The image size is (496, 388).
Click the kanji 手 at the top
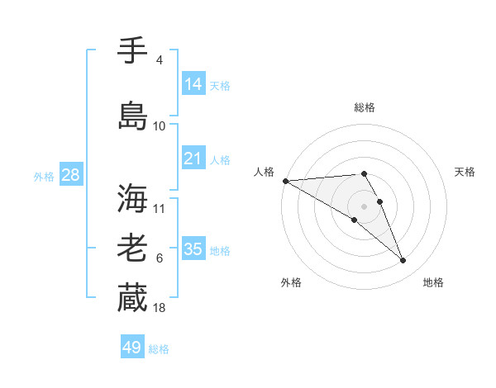[132, 50]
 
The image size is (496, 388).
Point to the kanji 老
[132, 248]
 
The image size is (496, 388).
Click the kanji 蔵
[132, 297]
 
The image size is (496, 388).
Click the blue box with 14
[193, 83]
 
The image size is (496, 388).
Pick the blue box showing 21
[193, 159]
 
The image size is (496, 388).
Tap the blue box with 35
[193, 249]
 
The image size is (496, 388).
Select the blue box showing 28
[69, 175]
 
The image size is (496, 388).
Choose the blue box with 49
[132, 348]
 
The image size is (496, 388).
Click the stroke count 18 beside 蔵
[160, 307]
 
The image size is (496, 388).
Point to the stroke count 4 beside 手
[159, 59]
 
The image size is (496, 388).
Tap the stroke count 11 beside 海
[160, 208]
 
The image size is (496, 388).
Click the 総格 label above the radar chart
[365, 107]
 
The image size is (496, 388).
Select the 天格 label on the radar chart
[465, 172]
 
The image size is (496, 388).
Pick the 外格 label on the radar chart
[290, 282]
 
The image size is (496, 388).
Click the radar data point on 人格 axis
[285, 181]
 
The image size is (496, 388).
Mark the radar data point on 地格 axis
[403, 261]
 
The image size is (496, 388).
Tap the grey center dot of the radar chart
[365, 206]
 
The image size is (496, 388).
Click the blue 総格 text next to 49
[159, 349]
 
